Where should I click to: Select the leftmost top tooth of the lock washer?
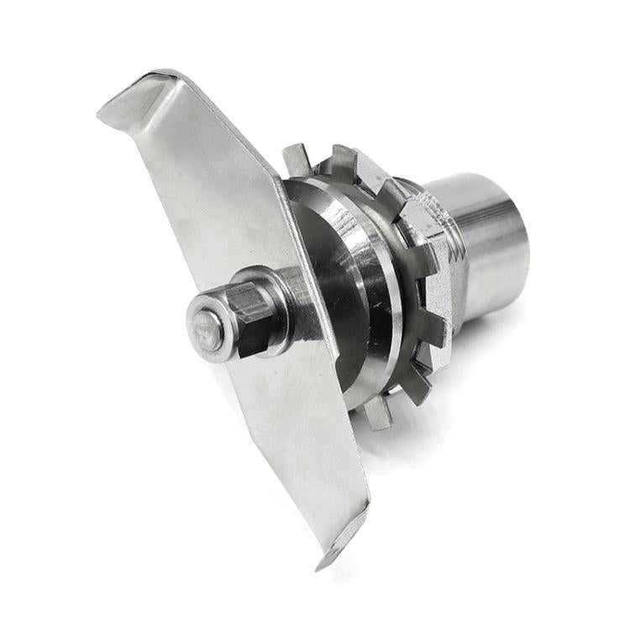pos(296,160)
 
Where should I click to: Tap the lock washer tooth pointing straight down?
pos(378,412)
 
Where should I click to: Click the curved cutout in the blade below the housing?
pos(344,378)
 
